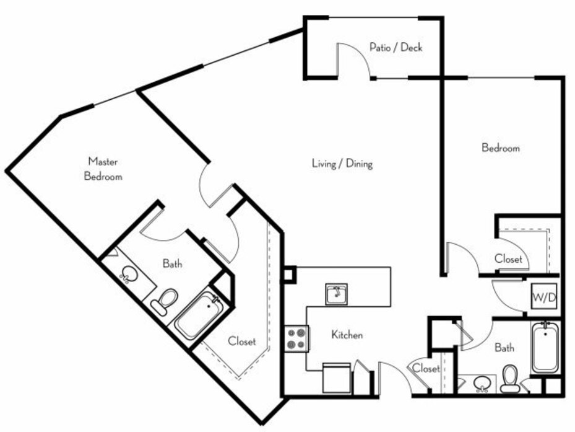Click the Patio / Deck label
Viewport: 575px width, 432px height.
pos(396,47)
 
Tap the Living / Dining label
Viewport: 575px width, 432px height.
pos(342,163)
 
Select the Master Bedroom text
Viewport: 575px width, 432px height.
pos(103,169)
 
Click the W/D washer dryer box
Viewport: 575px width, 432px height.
pos(544,296)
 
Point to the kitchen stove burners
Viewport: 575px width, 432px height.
pos(296,338)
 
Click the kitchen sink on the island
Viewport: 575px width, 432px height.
pos(336,294)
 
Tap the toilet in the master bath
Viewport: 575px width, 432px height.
pos(165,301)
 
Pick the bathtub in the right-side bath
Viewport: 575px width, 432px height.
pos(546,347)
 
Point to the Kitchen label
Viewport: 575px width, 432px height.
pos(347,335)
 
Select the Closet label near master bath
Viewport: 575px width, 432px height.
pos(242,342)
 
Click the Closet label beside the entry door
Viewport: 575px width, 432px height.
pos(426,368)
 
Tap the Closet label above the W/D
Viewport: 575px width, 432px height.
pos(508,258)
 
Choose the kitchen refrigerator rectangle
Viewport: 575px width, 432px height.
pos(337,377)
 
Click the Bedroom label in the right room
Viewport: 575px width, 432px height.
pos(501,148)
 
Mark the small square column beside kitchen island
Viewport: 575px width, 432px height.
pos(288,274)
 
